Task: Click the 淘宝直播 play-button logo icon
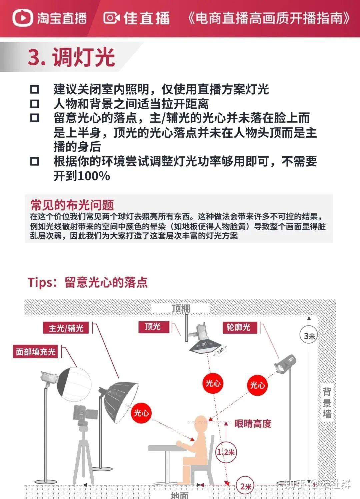click(23, 18)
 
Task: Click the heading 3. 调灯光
click(71, 57)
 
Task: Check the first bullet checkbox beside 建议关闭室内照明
click(35, 89)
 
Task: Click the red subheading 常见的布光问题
click(72, 205)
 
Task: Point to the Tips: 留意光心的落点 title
click(88, 282)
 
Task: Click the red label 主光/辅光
click(66, 328)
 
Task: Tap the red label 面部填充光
click(36, 352)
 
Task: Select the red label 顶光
click(153, 327)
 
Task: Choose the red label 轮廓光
click(238, 327)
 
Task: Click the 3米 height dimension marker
click(309, 336)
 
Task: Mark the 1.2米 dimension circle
click(226, 452)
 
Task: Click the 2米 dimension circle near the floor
click(245, 486)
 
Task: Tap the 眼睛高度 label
click(253, 424)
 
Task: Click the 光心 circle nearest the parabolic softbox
click(141, 413)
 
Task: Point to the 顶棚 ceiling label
click(181, 308)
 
